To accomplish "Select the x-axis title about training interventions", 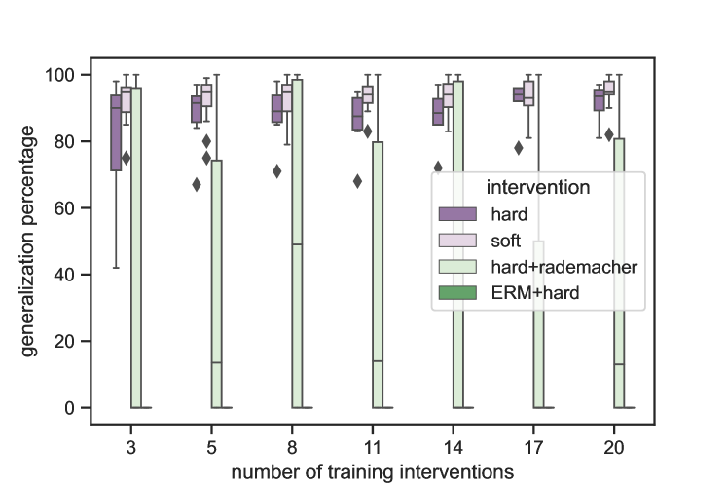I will (373, 471).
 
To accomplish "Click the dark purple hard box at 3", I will (116, 132).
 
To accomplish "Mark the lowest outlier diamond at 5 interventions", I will (197, 184).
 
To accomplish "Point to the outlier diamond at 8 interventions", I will (277, 171).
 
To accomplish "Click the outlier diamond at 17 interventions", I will (519, 148).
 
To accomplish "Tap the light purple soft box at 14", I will (448, 94).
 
